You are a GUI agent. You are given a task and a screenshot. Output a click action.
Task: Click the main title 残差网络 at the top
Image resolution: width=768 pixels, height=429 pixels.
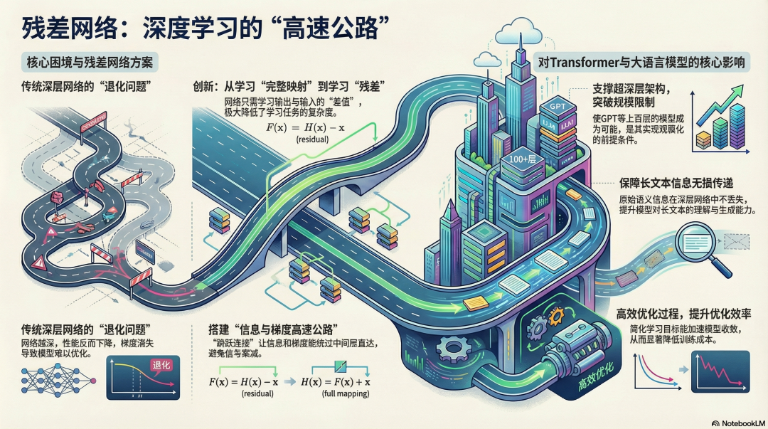[206, 30]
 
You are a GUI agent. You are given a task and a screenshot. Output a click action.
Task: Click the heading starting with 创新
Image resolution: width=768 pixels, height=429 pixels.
[289, 88]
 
